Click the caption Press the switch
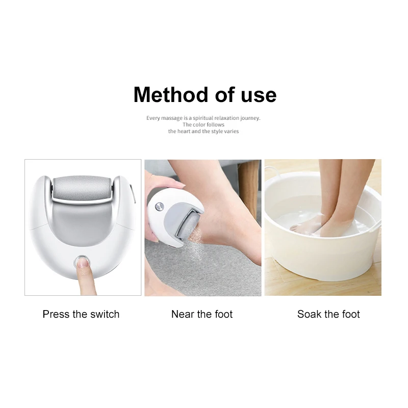point(81,314)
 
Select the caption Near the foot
point(202,314)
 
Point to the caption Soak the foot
point(328,314)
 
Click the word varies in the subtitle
point(231,131)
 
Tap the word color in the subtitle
point(198,124)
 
